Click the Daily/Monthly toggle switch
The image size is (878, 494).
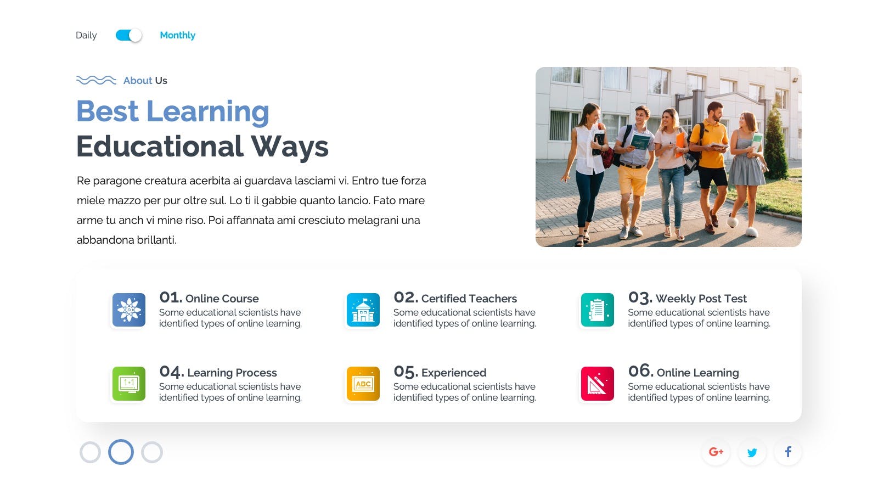tap(128, 35)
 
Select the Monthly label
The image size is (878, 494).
tap(178, 35)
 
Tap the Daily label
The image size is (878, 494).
tap(86, 35)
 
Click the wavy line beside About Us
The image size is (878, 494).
tap(96, 80)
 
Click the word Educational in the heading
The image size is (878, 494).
tap(160, 146)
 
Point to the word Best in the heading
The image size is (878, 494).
tap(108, 111)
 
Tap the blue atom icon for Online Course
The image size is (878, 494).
tap(129, 310)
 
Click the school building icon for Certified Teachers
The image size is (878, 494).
tap(363, 310)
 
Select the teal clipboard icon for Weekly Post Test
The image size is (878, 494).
tap(598, 310)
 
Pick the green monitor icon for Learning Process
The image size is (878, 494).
tap(129, 384)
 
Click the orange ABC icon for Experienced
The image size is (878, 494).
tap(363, 384)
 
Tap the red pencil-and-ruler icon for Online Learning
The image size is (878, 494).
tap(598, 384)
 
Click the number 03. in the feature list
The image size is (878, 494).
tap(640, 297)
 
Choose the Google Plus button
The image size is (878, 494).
tap(716, 452)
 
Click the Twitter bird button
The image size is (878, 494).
tap(752, 452)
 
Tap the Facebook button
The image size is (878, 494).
tap(788, 452)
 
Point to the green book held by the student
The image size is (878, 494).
tap(640, 141)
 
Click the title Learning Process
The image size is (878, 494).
tap(232, 373)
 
